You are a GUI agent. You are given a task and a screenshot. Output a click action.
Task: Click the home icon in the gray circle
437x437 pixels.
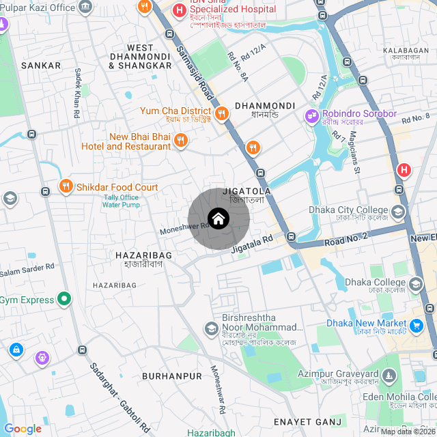pos(218,218)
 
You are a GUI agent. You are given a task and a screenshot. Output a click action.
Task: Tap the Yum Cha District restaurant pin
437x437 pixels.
pos(221,114)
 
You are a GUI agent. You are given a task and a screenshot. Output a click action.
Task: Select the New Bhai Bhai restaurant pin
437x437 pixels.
pos(180,141)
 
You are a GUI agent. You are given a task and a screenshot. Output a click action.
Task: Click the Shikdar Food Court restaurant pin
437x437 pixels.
pos(66,186)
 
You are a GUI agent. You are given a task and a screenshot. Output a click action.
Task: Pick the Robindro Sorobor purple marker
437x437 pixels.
pos(312,116)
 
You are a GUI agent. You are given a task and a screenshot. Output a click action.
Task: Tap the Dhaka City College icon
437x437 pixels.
pos(397,212)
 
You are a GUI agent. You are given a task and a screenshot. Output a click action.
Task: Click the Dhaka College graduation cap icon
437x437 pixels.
pos(415,284)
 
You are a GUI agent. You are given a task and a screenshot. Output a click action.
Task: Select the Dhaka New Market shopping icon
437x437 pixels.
pos(415,325)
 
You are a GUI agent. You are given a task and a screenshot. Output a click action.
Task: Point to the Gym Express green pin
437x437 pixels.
pos(64,299)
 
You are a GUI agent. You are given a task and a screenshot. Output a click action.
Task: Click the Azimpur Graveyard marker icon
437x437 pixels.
pos(389,375)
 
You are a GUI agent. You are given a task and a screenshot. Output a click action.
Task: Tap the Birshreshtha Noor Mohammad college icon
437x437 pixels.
pos(212,329)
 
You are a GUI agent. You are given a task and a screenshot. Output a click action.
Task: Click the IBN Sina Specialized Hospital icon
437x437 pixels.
pos(180,10)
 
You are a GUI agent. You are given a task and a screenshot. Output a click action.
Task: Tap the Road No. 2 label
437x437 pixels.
pos(346,238)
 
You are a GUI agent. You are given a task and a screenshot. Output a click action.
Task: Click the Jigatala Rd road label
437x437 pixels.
pos(251,244)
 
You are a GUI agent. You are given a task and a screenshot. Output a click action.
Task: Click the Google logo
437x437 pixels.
pos(23,428)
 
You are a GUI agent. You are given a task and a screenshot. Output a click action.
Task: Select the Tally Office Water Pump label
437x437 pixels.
pos(122,201)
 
